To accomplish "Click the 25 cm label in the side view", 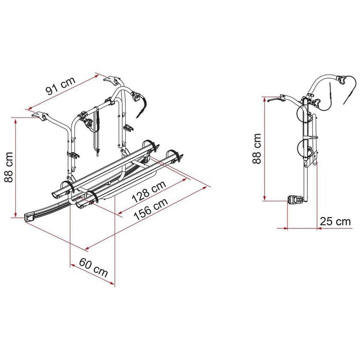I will click(334, 221).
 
